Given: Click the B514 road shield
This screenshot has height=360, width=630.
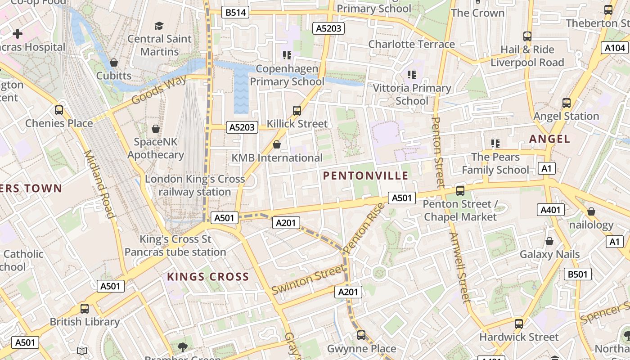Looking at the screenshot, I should (235, 13).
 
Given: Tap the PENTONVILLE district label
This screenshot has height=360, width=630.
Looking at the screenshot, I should (366, 176).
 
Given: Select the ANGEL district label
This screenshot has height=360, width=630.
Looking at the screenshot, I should (549, 139).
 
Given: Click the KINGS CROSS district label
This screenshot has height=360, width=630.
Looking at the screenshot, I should (208, 277).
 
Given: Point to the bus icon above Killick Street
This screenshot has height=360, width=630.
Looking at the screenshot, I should (297, 110).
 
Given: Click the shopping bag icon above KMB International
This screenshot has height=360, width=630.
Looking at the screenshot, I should (277, 144).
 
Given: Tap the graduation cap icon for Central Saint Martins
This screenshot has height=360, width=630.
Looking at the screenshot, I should (159, 26).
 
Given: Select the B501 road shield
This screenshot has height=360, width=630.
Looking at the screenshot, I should (577, 274).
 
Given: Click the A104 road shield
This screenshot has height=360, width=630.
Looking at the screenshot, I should (615, 48).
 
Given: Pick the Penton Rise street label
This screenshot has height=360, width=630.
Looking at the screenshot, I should (364, 228).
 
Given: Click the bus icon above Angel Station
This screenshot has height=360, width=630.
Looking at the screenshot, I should (566, 103).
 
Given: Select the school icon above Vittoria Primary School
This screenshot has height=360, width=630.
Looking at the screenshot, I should (411, 74).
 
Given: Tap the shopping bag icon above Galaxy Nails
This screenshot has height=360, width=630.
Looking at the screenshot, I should (549, 242).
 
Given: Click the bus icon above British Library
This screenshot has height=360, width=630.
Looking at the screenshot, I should (84, 309).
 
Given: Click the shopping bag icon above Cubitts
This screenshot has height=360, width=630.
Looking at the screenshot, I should (114, 63).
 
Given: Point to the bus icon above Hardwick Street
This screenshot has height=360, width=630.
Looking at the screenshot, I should (518, 324).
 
